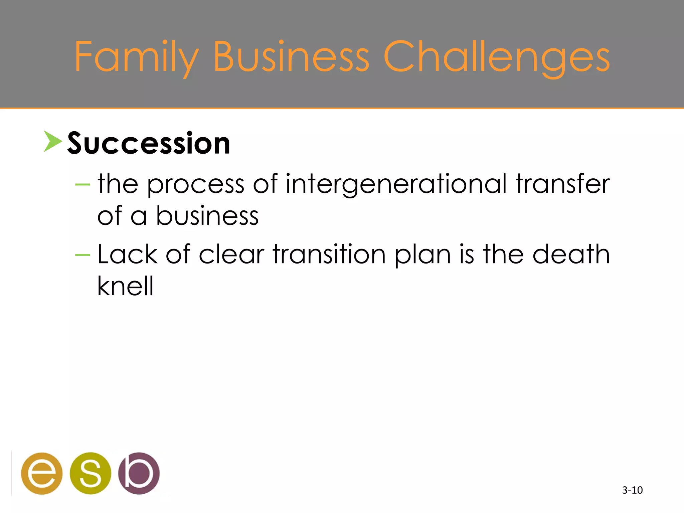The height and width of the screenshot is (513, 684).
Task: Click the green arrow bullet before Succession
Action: point(52,142)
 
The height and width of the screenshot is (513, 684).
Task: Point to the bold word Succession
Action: point(149,144)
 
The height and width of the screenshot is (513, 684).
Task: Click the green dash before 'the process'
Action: point(83,184)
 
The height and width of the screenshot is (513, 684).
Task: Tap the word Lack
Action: point(127,254)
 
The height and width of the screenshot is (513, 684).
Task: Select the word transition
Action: point(329,254)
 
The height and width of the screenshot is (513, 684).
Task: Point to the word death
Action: point(571,254)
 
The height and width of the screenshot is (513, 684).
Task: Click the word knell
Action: point(125,286)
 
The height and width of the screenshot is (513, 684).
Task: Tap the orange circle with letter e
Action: point(42,473)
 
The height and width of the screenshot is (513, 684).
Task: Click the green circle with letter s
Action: point(90,473)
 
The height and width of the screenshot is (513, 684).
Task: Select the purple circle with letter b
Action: point(139,473)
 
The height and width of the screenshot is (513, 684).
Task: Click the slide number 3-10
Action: point(632,490)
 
